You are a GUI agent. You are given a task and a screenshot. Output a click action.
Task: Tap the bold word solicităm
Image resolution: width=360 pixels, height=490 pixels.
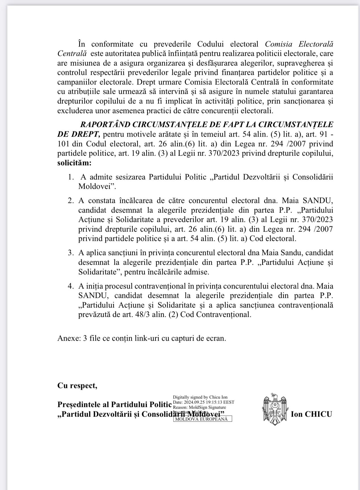coord(74,163)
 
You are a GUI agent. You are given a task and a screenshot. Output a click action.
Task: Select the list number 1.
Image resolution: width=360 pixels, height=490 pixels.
coord(71,177)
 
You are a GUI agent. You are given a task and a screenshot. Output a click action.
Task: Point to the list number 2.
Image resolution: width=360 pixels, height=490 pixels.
coord(71,201)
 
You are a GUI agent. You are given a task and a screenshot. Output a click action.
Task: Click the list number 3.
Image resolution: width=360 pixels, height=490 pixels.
coord(71,253)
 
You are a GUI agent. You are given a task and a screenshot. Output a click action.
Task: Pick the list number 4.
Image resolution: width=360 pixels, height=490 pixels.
coord(71,286)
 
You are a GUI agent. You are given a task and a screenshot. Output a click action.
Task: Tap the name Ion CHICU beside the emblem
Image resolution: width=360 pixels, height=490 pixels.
coord(311,414)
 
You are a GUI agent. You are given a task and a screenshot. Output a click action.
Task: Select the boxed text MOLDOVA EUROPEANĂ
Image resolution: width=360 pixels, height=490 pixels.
coord(203,419)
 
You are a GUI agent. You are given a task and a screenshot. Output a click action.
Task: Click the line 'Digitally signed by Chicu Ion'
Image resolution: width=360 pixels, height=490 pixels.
coord(200,397)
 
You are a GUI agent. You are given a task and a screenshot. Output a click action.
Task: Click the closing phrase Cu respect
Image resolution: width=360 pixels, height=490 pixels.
coord(77,386)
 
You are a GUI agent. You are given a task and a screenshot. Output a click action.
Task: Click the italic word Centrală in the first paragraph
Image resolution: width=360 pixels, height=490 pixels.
coord(72,54)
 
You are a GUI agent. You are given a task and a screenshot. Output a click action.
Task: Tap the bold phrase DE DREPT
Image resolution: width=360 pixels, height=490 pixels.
coord(78,134)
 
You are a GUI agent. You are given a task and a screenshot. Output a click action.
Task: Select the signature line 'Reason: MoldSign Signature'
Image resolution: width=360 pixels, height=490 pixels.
coord(199,407)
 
